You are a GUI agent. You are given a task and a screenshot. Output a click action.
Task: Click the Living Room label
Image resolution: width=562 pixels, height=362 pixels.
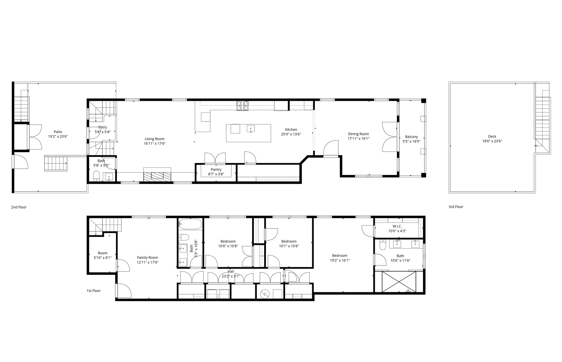(x=154, y=139)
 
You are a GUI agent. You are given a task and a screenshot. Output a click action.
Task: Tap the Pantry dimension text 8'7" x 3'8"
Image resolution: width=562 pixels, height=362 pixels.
(x=216, y=174)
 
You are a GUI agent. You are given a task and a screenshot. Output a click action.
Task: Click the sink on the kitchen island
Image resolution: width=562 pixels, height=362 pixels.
(x=251, y=128)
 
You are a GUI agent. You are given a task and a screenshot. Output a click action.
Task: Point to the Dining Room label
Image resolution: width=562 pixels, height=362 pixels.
(x=358, y=134)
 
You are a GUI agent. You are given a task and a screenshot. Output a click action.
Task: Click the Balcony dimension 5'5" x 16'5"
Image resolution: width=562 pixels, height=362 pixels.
(x=411, y=141)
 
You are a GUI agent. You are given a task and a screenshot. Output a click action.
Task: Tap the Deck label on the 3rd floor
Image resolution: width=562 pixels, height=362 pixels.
(x=492, y=136)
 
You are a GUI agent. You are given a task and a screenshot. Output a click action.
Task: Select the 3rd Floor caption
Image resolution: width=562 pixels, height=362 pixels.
(x=456, y=207)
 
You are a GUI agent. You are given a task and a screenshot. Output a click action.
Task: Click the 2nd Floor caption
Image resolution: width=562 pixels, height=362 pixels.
(x=19, y=207)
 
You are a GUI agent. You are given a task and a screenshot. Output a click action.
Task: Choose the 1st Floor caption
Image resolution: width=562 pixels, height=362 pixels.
(x=93, y=291)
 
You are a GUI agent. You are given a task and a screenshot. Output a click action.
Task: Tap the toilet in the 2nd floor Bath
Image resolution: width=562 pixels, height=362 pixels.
(x=96, y=176)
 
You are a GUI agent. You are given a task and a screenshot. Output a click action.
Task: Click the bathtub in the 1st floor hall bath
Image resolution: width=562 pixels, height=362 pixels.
(x=190, y=224)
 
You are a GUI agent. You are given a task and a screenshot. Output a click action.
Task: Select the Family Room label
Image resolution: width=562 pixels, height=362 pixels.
(x=147, y=258)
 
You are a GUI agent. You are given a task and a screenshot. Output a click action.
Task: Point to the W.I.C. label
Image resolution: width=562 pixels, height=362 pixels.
(x=397, y=226)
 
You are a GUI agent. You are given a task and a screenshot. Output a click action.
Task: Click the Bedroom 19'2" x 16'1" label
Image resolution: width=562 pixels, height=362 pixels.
(x=340, y=255)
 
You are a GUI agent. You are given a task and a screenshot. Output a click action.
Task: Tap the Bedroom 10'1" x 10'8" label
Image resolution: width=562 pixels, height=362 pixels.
(x=289, y=241)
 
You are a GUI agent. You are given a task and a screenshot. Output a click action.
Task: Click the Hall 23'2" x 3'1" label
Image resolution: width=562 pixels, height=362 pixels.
(x=231, y=271)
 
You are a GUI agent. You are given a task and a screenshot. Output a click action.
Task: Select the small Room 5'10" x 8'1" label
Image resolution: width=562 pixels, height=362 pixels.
(x=102, y=253)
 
